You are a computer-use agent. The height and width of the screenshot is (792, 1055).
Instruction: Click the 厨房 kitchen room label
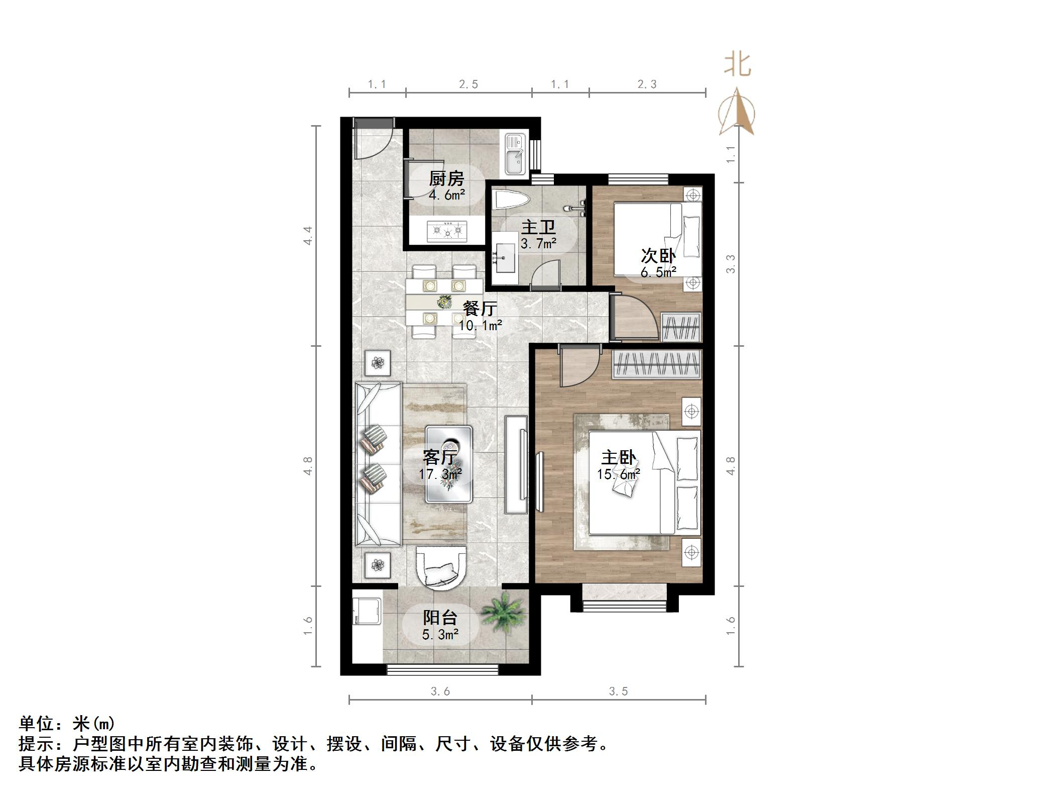point(446,178)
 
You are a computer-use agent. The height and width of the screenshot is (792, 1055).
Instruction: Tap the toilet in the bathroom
point(510,201)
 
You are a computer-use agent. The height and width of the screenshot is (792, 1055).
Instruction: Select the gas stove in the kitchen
point(446,231)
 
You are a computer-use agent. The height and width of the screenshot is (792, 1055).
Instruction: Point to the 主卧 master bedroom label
point(618,458)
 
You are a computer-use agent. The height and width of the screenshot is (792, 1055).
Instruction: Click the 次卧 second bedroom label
point(658,256)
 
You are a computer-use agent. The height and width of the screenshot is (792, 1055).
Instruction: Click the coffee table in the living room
point(448,464)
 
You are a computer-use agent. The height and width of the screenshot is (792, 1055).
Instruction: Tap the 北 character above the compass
point(737,65)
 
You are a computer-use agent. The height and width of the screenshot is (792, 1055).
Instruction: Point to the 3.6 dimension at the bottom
point(440,691)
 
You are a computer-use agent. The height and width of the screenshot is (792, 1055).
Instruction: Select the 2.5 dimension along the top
point(468,84)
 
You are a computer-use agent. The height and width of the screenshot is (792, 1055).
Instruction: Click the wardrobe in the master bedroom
point(656,364)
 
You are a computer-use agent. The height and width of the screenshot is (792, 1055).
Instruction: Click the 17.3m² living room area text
point(440,473)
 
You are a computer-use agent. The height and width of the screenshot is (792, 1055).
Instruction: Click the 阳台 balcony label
point(440,618)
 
